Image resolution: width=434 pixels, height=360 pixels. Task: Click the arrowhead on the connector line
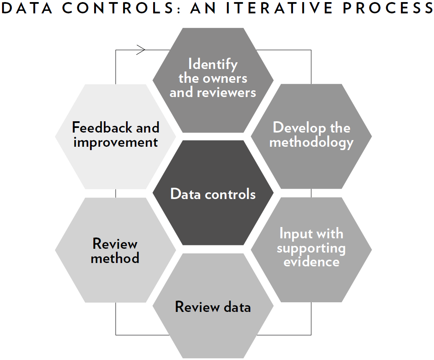pos(141,50)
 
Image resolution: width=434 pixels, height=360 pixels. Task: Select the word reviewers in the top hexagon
pos(226,93)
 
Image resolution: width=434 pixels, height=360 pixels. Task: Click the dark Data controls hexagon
pos(213,193)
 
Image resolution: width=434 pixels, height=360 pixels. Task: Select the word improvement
pos(116,143)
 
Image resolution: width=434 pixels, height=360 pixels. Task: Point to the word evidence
pos(311,262)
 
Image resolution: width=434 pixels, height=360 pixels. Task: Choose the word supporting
pos(311,248)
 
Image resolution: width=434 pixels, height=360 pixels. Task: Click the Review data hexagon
pos(213,306)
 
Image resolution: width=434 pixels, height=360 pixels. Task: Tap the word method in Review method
pos(115,258)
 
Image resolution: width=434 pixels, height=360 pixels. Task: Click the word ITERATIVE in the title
pos(279,8)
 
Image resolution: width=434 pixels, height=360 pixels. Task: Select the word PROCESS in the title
pos(388,8)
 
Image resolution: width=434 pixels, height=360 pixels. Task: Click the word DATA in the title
pos(26,8)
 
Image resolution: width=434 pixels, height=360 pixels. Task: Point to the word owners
pos(225,79)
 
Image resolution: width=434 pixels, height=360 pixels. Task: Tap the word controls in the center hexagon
pos(230,194)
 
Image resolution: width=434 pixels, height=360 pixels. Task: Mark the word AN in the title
pos(203,8)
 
